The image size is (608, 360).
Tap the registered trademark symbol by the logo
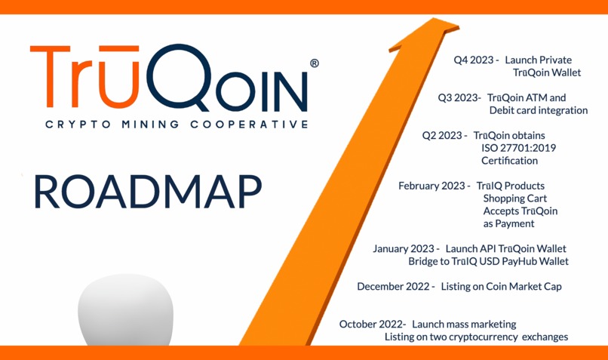pyautogui.click(x=314, y=64)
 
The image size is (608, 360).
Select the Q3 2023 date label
pyautogui.click(x=459, y=97)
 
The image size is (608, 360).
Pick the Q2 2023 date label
pyautogui.click(x=443, y=135)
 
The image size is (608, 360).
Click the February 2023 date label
pyautogui.click(x=434, y=185)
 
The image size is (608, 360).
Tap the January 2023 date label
pyautogui.click(x=404, y=248)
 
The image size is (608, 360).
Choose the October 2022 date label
pyautogui.click(x=373, y=324)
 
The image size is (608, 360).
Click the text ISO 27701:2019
pyautogui.click(x=518, y=148)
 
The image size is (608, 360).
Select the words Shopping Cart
pyautogui.click(x=515, y=198)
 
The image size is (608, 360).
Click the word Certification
pyautogui.click(x=509, y=161)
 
